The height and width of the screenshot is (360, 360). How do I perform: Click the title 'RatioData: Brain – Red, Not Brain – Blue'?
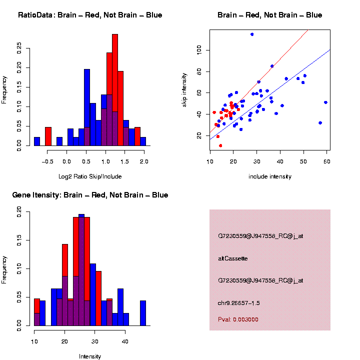(x=90, y=15)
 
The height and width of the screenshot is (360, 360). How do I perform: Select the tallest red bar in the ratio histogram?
(x=115, y=90)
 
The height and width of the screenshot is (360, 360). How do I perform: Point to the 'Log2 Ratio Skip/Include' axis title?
(x=90, y=176)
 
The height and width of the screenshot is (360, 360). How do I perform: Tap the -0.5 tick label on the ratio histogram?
(x=48, y=162)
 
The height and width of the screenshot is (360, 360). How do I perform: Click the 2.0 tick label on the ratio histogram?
(x=143, y=162)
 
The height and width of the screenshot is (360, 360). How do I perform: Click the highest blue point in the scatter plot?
(x=252, y=34)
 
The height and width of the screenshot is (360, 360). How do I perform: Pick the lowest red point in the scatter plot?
(x=220, y=145)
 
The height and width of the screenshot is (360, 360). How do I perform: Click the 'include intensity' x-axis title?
(x=270, y=176)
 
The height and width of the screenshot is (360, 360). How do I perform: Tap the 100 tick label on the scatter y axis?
(x=199, y=50)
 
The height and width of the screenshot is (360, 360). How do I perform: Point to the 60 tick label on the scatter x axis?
(x=326, y=162)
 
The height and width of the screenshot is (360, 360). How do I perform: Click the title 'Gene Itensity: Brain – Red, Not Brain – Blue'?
(x=90, y=195)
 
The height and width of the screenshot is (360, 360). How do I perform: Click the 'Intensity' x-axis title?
(x=90, y=356)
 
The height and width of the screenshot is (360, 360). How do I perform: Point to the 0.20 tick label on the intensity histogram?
(x=19, y=212)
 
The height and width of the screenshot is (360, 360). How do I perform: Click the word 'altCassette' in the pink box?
(x=233, y=258)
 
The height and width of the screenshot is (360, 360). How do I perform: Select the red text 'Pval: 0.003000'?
(x=238, y=319)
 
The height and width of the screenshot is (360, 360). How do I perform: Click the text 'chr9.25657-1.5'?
(x=239, y=303)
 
